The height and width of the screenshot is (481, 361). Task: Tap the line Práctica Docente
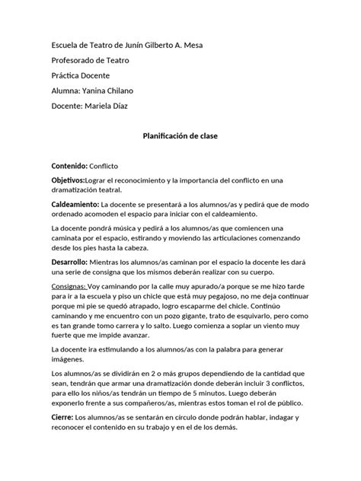80,76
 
